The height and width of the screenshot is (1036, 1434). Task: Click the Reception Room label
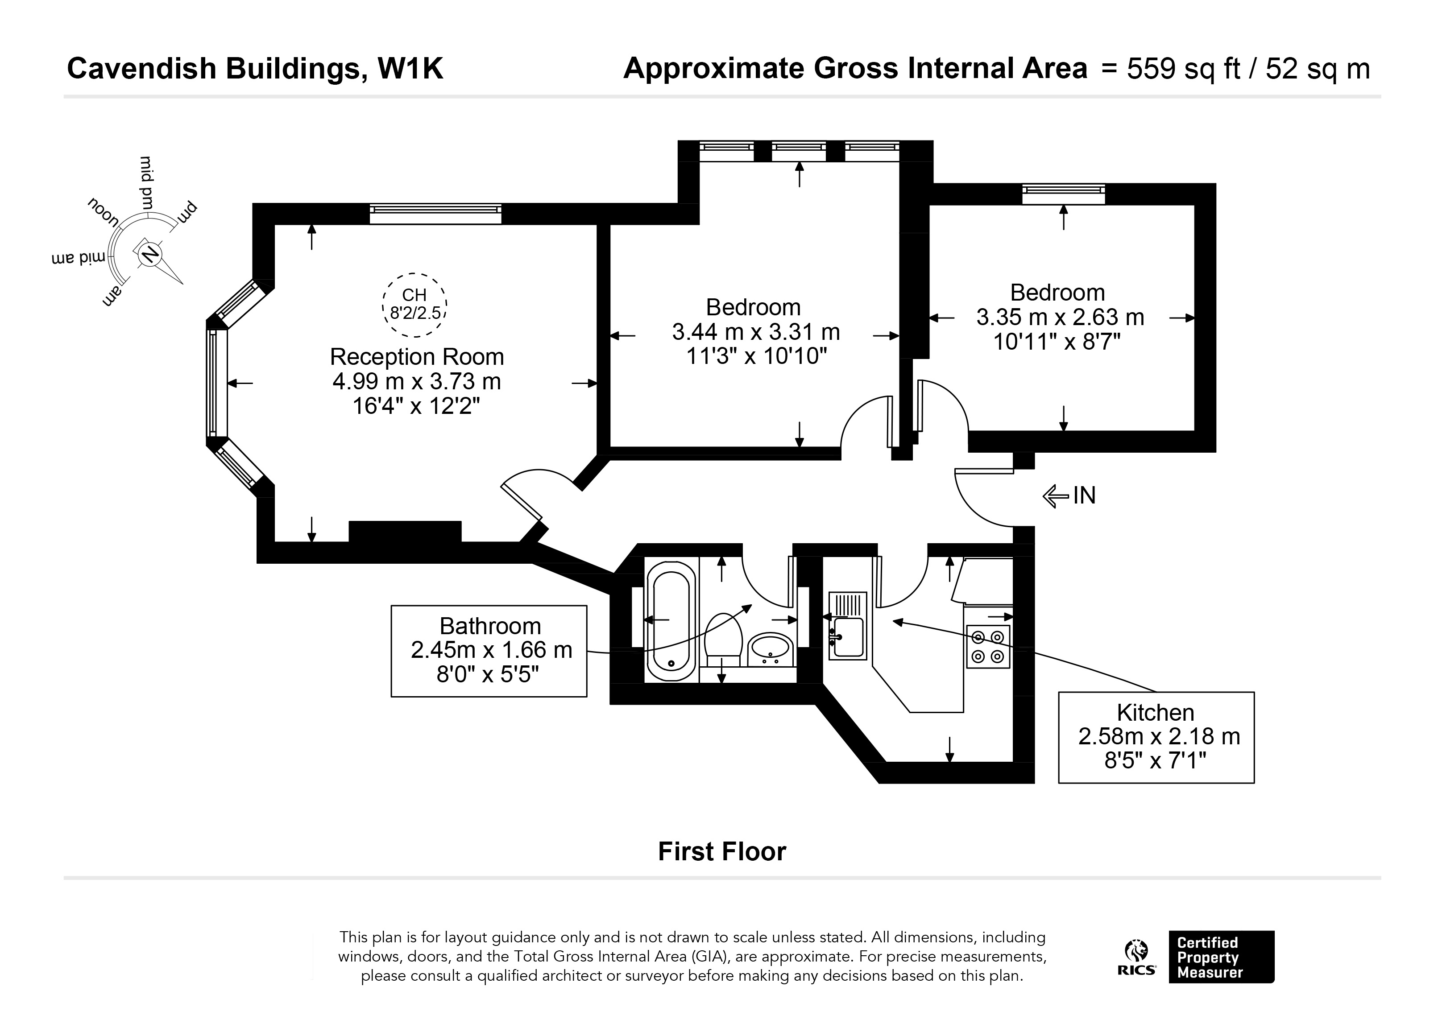pos(417,357)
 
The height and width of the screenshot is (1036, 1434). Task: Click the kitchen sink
pos(847,626)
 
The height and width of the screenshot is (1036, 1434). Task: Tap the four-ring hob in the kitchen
pos(988,647)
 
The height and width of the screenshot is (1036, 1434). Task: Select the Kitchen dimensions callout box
pos(1156,738)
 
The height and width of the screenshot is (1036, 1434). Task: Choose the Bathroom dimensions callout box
pos(489,651)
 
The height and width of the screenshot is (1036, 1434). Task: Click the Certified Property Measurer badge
pos(1221,957)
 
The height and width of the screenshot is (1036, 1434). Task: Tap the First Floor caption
pos(722,851)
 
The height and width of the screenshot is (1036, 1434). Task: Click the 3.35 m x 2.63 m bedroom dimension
pos(1060,317)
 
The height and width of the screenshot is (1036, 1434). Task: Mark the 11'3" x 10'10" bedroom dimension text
pos(756,356)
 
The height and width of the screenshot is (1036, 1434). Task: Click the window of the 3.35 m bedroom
pos(1064,194)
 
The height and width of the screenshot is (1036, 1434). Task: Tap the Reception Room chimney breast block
pos(405,532)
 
